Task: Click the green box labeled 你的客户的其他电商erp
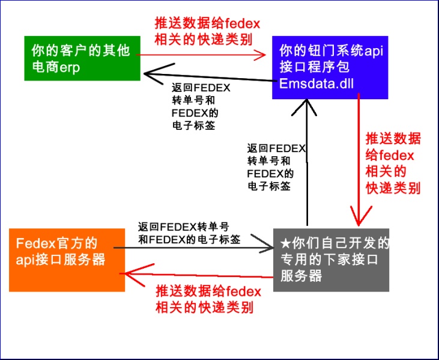pos(82,58)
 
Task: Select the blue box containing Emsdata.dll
pos(330,67)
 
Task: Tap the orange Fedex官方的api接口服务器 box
pos(67,260)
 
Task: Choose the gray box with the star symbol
pos(332,260)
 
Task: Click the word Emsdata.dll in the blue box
pos(316,84)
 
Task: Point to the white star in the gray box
pos(286,244)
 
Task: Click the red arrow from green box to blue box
pos(201,55)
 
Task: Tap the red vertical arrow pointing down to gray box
pos(359,160)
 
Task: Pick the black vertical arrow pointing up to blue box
pos(307,162)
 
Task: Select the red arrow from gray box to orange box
pos(196,275)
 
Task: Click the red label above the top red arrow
pos(207,31)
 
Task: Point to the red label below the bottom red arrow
pos(208,299)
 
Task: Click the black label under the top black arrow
pos(201,106)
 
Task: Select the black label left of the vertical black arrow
pos(276,167)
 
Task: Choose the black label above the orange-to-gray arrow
pos(189,233)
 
